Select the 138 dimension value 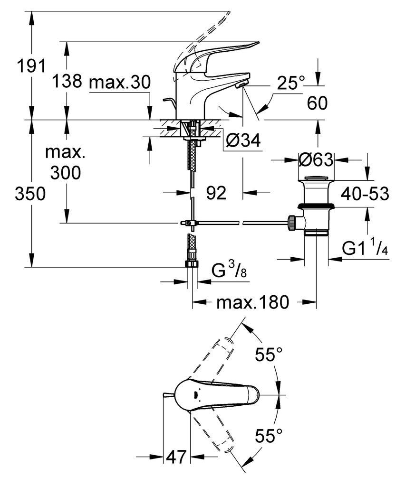(x=67, y=81)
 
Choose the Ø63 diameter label (x=316, y=160)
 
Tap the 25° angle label (x=290, y=83)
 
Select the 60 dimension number (x=317, y=103)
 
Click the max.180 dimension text (x=252, y=302)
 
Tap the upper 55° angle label (x=269, y=355)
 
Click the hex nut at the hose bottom (x=192, y=264)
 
